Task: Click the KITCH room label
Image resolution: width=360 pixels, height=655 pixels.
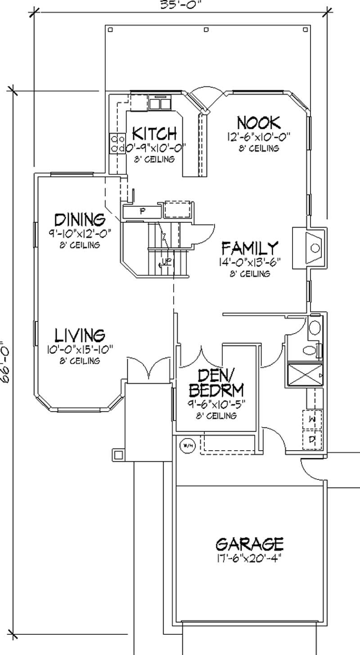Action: click(x=154, y=133)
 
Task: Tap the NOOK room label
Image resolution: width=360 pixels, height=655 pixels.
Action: click(x=258, y=122)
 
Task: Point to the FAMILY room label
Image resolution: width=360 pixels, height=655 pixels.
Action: click(x=250, y=248)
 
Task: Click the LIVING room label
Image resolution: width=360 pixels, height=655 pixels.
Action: click(x=80, y=335)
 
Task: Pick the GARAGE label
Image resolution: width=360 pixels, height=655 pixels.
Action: click(x=249, y=544)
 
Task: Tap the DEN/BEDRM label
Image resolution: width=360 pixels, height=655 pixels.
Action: click(x=216, y=382)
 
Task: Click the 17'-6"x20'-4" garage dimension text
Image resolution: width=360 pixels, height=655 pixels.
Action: click(x=249, y=558)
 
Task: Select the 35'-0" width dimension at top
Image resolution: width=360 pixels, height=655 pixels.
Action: click(x=180, y=5)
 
